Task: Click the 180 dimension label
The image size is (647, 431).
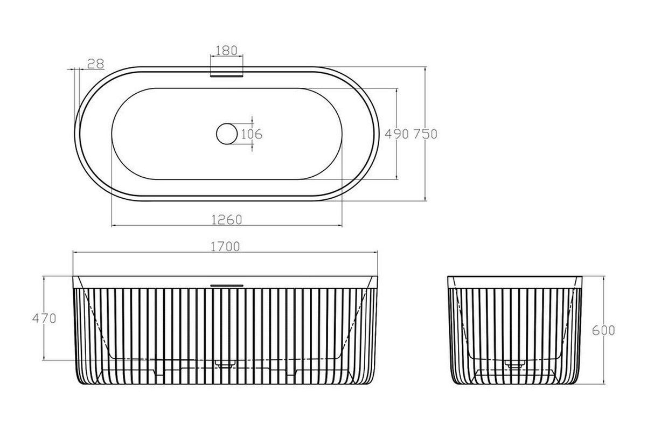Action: tap(227, 51)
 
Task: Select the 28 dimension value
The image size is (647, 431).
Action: tap(95, 64)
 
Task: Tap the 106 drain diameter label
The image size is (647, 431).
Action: tap(252, 134)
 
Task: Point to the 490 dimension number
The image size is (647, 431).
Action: tap(397, 134)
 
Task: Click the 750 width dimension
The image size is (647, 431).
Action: tap(426, 134)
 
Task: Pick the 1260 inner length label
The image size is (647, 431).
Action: tap(227, 220)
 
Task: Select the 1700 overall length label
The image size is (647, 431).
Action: tap(225, 246)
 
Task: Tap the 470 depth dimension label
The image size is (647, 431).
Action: tap(44, 318)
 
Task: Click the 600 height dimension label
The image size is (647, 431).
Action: tap(603, 330)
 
